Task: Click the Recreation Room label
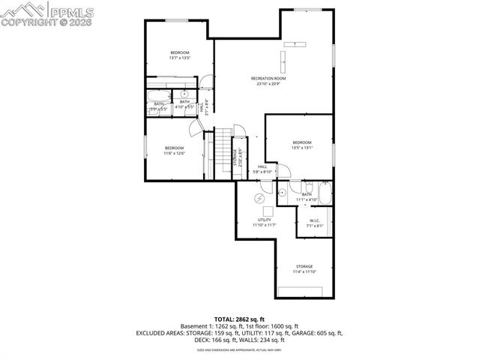[x=268, y=78]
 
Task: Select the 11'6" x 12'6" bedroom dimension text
[x=174, y=154]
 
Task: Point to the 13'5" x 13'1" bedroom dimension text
[x=302, y=148]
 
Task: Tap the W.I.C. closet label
[x=315, y=220]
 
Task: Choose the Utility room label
[x=264, y=219]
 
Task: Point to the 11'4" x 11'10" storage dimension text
[x=304, y=271]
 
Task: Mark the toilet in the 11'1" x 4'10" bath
[x=307, y=187]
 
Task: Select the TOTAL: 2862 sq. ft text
[x=239, y=319]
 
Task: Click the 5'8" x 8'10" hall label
[x=262, y=169]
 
